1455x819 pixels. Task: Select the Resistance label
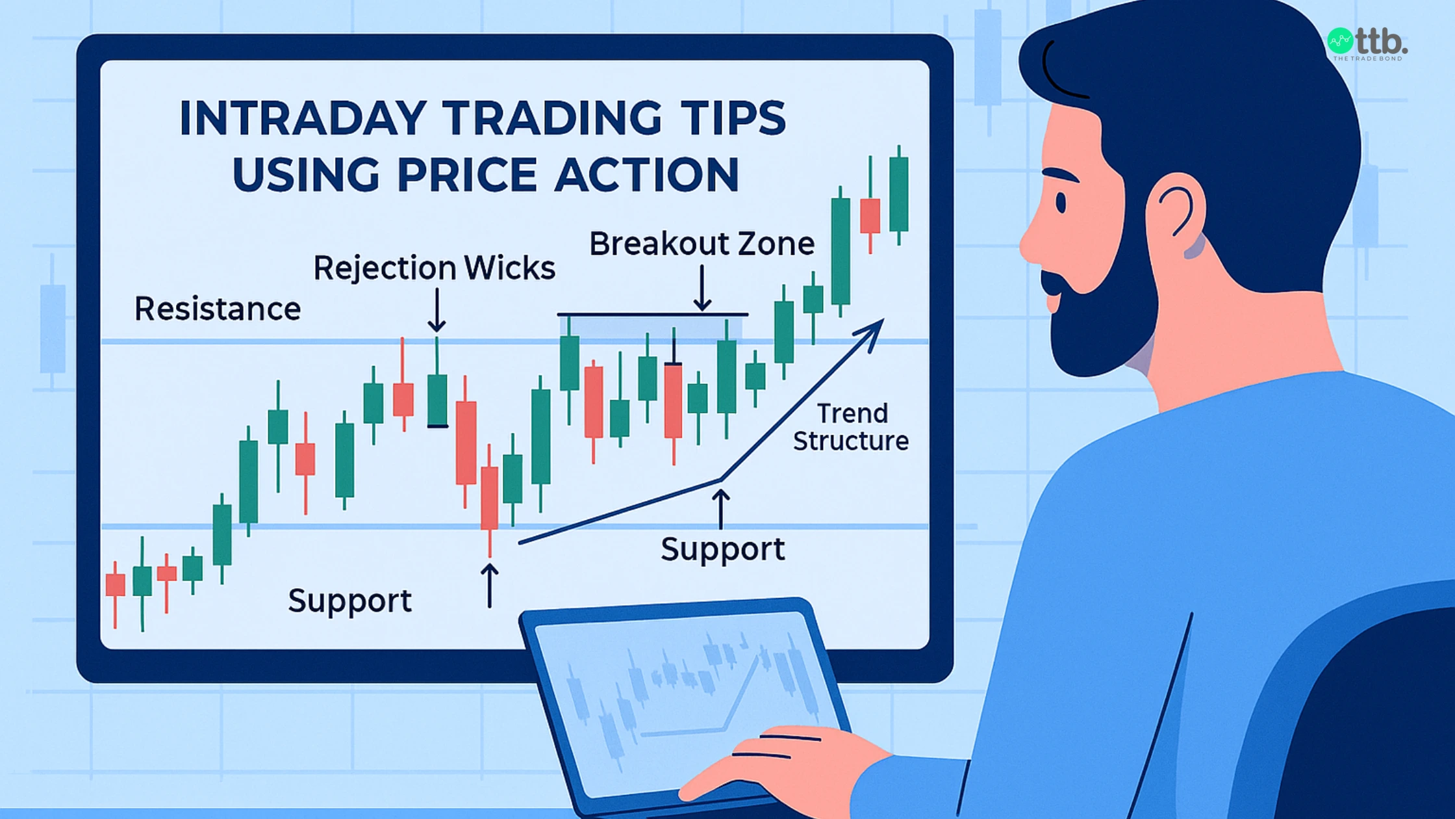point(217,309)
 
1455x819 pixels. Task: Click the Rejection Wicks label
point(434,268)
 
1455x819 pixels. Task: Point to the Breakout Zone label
point(702,244)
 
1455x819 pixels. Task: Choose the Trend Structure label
point(850,427)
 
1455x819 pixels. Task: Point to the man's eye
point(1061,203)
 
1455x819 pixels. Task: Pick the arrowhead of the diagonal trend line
point(874,329)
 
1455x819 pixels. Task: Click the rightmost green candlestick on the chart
point(899,194)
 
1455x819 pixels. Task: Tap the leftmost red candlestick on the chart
point(116,584)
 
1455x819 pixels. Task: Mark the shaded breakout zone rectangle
point(650,327)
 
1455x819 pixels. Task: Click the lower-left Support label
point(349,601)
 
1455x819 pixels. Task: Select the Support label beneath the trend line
point(722,549)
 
